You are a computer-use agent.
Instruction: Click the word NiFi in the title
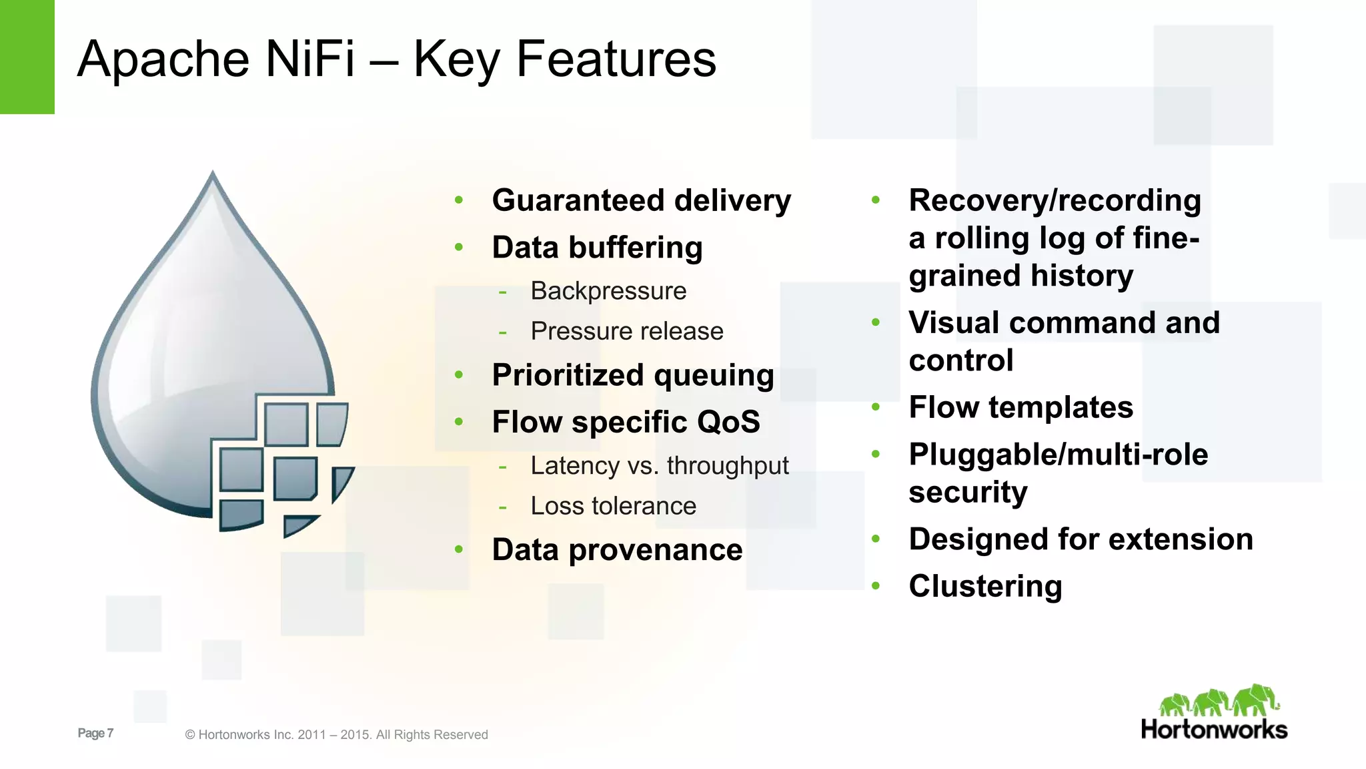[309, 59]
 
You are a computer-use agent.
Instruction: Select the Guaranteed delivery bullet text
[641, 200]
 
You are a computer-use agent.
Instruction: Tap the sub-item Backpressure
[608, 291]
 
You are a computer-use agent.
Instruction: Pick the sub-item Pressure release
[626, 331]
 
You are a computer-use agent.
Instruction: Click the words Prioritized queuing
[632, 375]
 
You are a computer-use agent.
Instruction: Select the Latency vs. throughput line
[659, 466]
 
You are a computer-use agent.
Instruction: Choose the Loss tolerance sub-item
[613, 506]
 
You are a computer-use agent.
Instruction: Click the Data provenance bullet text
[617, 550]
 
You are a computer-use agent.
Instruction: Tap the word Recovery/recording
[1055, 200]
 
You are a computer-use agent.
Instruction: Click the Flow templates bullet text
[1020, 407]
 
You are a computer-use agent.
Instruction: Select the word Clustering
[985, 586]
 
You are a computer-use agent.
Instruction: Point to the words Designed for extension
[1081, 539]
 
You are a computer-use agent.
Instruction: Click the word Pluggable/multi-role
[1058, 455]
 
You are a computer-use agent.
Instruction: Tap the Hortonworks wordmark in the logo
[1213, 730]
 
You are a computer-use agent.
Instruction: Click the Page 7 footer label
[95, 733]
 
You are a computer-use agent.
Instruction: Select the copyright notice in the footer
[336, 735]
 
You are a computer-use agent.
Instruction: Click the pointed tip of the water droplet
[213, 174]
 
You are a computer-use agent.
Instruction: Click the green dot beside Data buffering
[459, 247]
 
